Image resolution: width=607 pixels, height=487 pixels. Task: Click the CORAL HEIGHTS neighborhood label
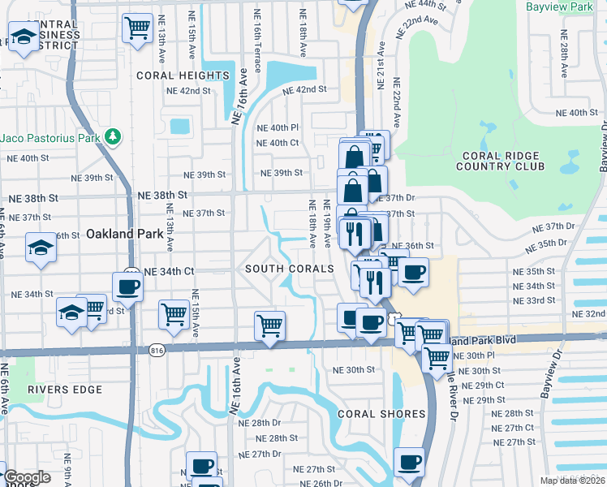coord(183,75)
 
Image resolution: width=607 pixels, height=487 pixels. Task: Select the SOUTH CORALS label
coord(290,269)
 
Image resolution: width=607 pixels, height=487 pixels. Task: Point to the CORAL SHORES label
coord(381,414)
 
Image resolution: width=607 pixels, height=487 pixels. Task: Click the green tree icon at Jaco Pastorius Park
coord(114,136)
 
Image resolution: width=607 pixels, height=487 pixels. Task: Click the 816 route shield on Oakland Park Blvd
coord(157,350)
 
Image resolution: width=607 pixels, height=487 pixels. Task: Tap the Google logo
coord(27,477)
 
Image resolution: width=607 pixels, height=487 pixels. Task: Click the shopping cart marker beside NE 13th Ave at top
coord(137,28)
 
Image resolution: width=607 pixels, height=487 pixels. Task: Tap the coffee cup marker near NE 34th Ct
coord(127,287)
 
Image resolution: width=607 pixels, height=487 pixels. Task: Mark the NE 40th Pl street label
coord(278,128)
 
